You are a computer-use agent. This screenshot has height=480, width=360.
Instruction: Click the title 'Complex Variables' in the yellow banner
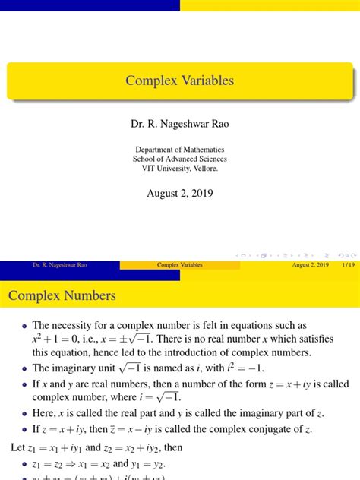tap(180, 81)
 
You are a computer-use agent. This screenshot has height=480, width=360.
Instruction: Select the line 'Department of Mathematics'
tap(180, 150)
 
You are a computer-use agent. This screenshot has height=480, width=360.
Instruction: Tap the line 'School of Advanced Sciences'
tap(180, 159)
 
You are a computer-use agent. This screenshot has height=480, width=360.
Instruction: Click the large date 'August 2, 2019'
tap(180, 193)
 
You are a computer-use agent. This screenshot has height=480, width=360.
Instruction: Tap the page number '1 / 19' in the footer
tap(349, 264)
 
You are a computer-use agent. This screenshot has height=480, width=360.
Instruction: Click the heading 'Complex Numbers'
tap(62, 295)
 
